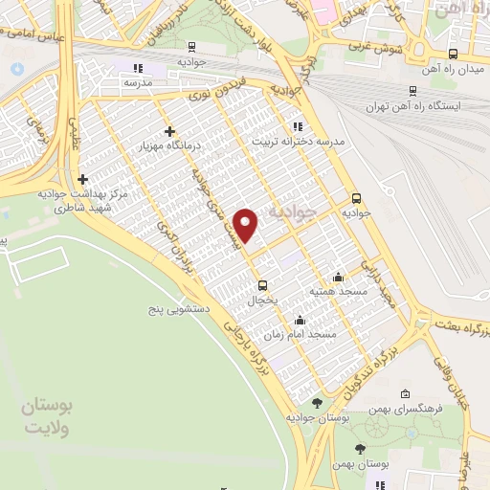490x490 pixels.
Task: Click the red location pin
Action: [247, 225]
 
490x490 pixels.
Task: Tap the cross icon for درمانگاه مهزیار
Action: [170, 131]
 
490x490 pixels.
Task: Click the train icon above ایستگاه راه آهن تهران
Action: [412, 92]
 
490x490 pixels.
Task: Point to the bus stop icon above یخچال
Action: [263, 284]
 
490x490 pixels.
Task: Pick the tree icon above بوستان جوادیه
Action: [317, 403]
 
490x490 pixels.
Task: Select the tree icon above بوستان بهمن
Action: [360, 449]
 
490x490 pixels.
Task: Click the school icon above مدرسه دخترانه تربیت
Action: [297, 125]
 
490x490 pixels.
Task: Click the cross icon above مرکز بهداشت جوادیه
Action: [84, 178]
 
